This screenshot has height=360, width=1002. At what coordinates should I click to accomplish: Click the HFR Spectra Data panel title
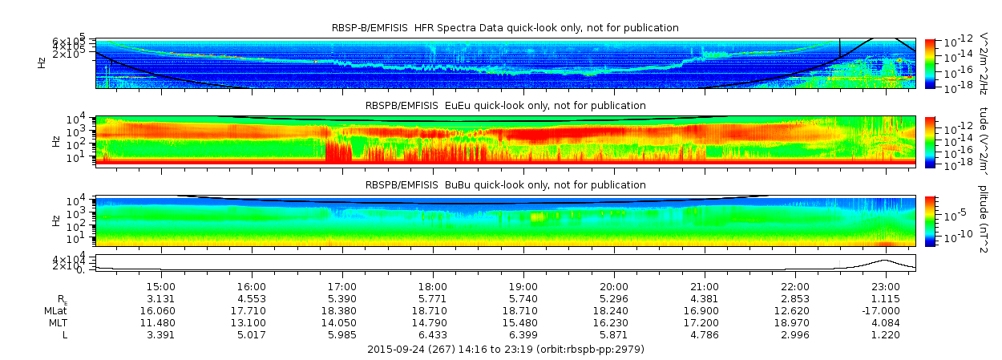(x=505, y=28)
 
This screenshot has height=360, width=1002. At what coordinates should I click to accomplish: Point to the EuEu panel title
(x=505, y=106)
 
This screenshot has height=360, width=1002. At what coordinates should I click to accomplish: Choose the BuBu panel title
(x=505, y=185)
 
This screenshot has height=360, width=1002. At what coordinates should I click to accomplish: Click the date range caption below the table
(x=505, y=350)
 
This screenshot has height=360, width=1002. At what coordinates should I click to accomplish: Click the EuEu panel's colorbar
(x=930, y=141)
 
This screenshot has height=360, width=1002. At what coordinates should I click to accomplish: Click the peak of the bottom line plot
(x=885, y=260)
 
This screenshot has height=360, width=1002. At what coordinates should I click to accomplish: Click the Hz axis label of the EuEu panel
(x=55, y=141)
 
